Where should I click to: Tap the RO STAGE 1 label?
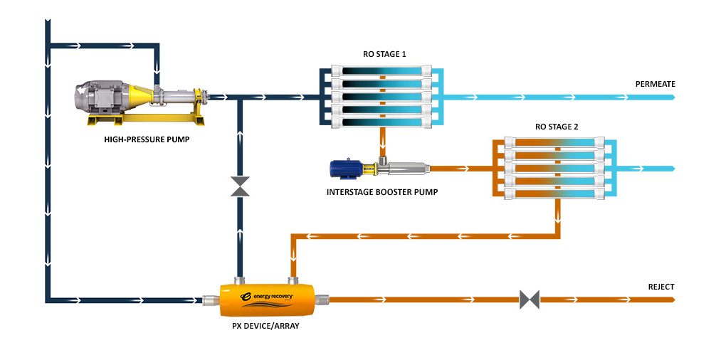coord(383,54)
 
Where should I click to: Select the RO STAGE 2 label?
coord(557,126)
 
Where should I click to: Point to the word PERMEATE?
coord(655,84)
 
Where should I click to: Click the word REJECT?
coord(661,287)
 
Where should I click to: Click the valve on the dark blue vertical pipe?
coord(241,187)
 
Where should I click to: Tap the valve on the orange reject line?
coord(529,300)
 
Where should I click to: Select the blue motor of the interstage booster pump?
coord(347,169)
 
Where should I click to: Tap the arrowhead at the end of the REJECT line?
coord(671,300)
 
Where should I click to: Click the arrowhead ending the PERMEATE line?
coord(671,97)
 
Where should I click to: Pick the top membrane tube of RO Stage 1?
coord(384,71)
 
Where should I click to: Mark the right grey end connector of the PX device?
coord(325,300)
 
